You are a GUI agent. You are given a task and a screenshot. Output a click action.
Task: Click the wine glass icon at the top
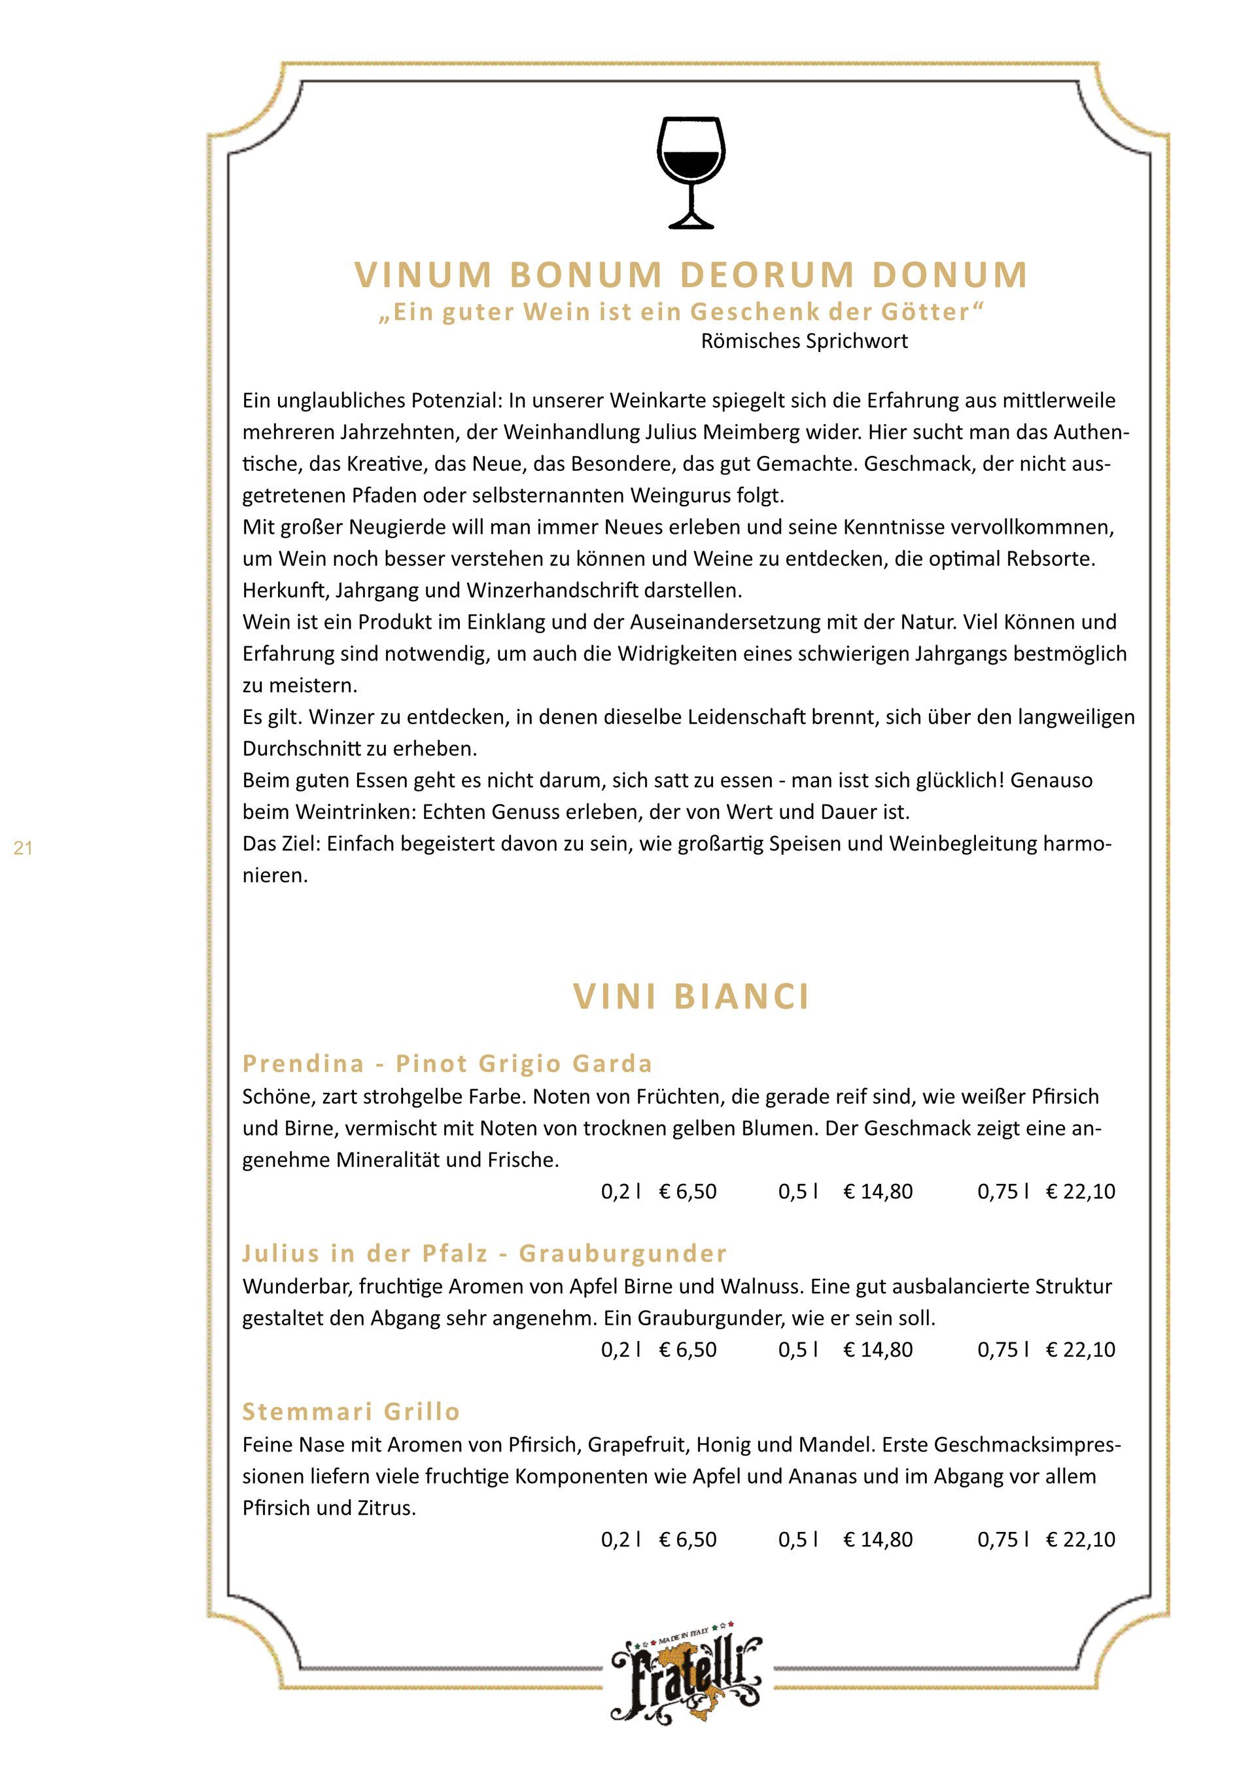coord(691,172)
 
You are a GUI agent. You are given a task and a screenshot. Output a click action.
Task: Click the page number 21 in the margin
coord(23,848)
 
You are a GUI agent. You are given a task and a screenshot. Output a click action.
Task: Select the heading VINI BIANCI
coord(691,996)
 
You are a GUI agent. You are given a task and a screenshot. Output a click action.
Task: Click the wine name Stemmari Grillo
coord(351,1412)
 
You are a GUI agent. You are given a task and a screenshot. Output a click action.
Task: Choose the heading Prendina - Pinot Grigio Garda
coord(447,1064)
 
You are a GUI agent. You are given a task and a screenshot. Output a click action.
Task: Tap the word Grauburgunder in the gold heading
coord(623,1253)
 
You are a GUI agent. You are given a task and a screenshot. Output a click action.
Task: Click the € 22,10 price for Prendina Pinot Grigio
coord(1081,1191)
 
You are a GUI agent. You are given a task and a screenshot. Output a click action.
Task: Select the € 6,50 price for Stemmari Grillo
coord(688,1539)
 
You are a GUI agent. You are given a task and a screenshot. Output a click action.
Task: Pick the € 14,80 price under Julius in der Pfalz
coord(878,1349)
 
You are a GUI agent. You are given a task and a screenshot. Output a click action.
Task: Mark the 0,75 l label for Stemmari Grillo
coord(1002,1539)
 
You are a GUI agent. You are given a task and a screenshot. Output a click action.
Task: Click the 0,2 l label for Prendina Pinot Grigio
coord(620,1191)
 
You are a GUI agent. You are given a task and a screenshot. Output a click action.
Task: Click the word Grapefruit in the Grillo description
coord(639,1445)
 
